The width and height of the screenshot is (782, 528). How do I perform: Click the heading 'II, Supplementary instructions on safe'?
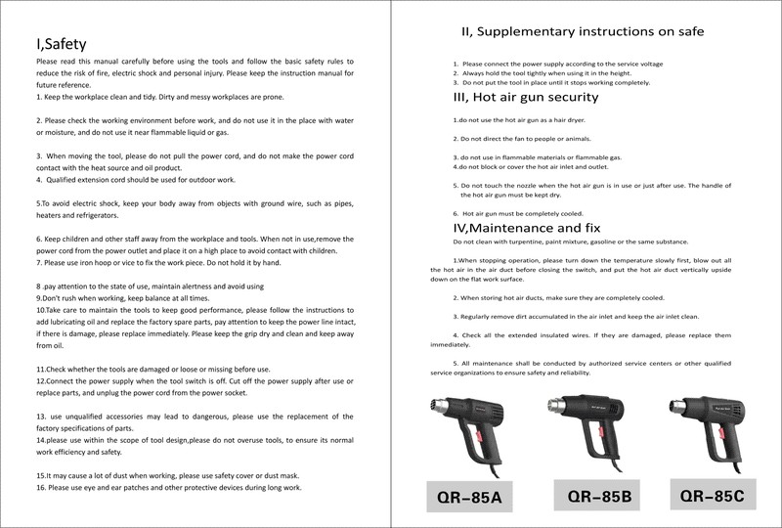coord(583,32)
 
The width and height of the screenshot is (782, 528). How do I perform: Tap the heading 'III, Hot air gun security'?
coord(526,98)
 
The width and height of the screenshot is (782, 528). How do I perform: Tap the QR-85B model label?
coord(593,498)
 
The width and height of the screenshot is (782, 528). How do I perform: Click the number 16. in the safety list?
coord(42,486)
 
